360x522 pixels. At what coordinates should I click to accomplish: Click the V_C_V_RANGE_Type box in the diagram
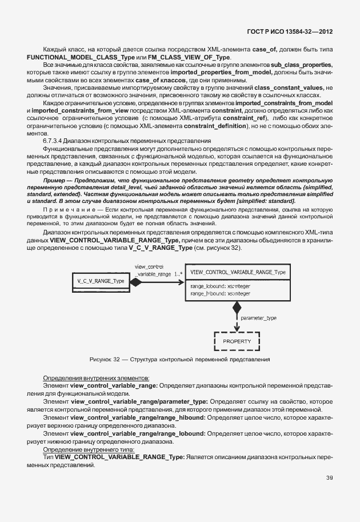[100, 281]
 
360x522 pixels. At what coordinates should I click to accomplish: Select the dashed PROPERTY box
[237, 341]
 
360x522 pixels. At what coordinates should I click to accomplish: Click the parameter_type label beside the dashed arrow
[258, 317]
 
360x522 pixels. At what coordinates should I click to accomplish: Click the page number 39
[329, 478]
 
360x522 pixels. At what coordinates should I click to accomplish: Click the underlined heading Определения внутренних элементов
[97, 378]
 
